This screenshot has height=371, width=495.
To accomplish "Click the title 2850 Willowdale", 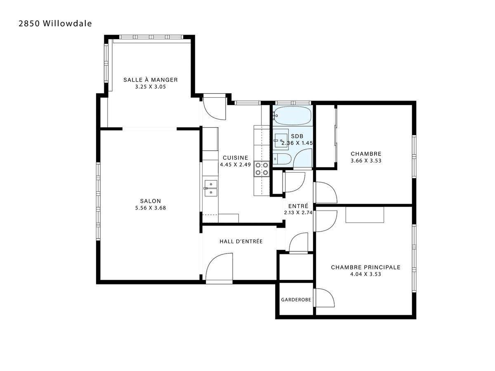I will (55, 23).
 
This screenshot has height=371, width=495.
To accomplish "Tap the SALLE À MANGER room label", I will (151, 80).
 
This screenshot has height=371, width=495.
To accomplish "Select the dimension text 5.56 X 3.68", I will (151, 208).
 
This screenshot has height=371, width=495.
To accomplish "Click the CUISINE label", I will (236, 157).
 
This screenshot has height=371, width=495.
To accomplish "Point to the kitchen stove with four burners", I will (262, 168).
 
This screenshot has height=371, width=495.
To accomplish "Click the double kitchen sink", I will (210, 188).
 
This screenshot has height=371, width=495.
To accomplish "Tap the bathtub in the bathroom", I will (292, 116).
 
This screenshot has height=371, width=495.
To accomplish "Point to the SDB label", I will (297, 136).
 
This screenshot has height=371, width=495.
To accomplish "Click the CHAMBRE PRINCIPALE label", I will (365, 267).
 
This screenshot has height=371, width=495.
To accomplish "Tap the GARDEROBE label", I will (296, 300).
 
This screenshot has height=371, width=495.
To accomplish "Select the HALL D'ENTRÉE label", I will (241, 242).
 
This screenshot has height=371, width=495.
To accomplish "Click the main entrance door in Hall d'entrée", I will (219, 268).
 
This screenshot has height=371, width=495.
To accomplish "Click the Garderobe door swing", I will (324, 298).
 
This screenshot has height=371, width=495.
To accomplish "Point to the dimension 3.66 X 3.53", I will (366, 161).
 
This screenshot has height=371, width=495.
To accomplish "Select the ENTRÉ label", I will (298, 206).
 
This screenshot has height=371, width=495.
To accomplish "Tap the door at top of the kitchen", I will (214, 106).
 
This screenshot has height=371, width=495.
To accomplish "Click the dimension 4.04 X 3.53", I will (365, 274).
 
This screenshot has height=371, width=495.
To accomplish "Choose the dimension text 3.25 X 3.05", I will (151, 87).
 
